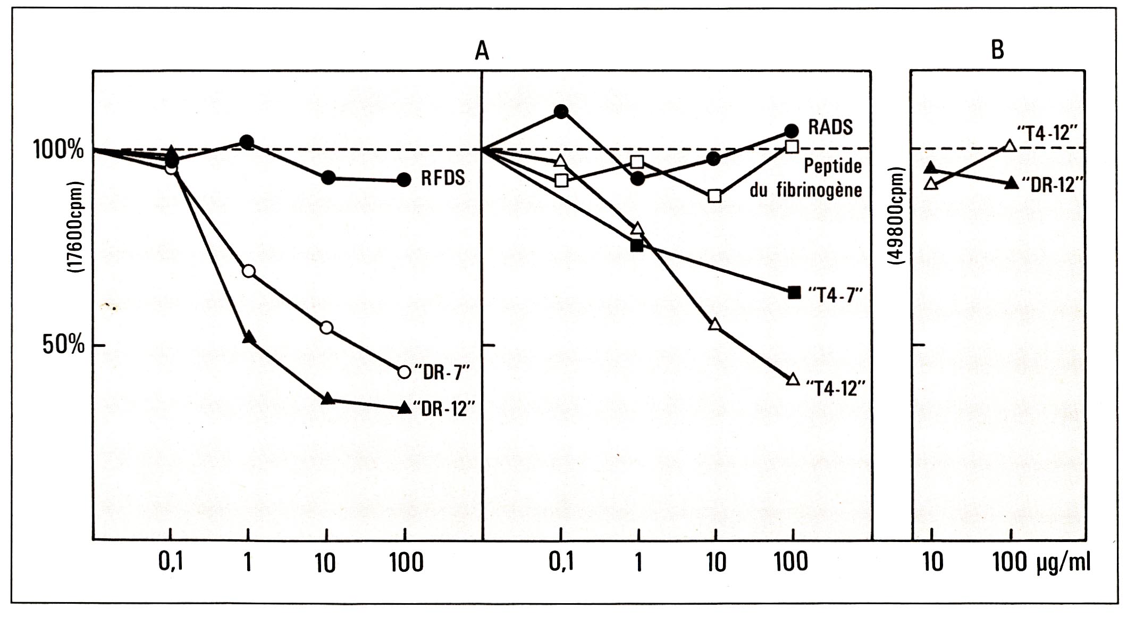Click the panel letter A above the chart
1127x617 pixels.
click(x=482, y=51)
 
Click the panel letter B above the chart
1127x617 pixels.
click(x=997, y=50)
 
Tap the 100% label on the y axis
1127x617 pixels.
click(x=58, y=149)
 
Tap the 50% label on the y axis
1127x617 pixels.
click(x=63, y=345)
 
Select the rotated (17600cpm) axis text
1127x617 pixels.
click(x=76, y=228)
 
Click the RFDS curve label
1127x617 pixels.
click(x=442, y=178)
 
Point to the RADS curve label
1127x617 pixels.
click(x=830, y=127)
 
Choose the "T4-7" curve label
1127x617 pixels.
click(x=835, y=294)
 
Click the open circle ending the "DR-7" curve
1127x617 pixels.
click(x=404, y=372)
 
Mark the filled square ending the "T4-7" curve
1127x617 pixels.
click(x=794, y=292)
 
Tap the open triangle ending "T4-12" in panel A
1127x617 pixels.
click(x=793, y=379)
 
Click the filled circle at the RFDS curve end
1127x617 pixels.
click(x=404, y=180)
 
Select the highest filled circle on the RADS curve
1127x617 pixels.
click(x=561, y=111)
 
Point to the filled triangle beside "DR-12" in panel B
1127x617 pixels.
click(x=1012, y=183)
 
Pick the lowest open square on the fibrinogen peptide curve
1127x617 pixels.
click(x=715, y=196)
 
